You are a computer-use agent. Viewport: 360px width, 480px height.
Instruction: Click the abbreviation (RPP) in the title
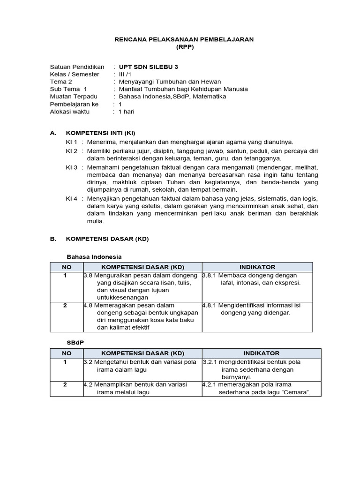pos(184,47)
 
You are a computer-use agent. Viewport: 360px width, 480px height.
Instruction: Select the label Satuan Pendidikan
pos(77,67)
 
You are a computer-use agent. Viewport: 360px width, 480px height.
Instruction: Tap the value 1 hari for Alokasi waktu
pos(126,112)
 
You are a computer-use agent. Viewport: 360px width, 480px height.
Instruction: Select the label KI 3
pos(71,167)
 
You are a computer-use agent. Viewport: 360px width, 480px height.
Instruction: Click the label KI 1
pos(71,142)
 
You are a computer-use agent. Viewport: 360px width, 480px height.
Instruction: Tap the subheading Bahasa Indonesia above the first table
pos(94,256)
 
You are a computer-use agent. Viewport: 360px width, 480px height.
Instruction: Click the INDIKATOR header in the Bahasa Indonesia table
pos(257,267)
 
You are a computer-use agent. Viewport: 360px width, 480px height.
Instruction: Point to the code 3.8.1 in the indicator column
pos(209,276)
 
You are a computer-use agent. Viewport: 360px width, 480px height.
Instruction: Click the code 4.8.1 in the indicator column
pos(209,305)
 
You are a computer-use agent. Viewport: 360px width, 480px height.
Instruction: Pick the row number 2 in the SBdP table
pos(65,384)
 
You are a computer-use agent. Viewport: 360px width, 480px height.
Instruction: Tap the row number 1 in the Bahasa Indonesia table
pos(65,276)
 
